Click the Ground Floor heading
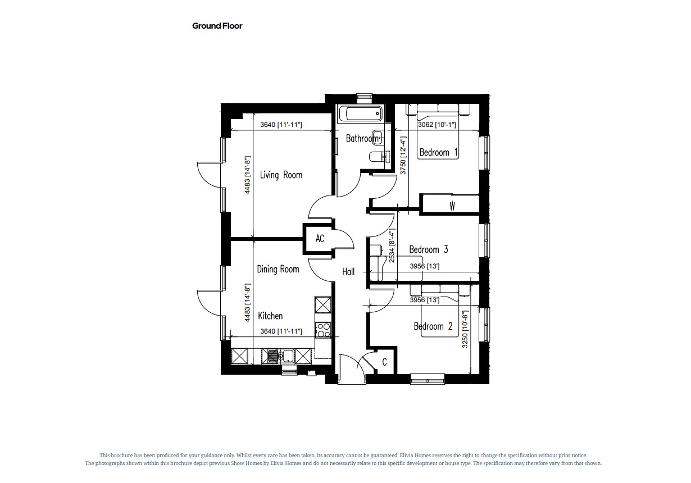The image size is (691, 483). tap(217, 26)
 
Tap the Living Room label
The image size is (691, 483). tap(281, 175)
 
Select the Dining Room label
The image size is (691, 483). tap(278, 269)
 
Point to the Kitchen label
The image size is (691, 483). tap(270, 316)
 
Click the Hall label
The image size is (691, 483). tap(348, 272)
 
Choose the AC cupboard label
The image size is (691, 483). tap(320, 239)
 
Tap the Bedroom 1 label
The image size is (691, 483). tap(438, 152)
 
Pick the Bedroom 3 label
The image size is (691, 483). tap(429, 249)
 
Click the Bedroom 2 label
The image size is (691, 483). tap(433, 326)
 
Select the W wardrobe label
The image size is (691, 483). tap(452, 206)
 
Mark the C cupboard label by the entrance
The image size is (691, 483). tap(384, 362)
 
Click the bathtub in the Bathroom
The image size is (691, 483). tap(361, 113)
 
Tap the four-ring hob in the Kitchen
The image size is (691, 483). tap(323, 330)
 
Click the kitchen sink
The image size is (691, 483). tap(278, 357)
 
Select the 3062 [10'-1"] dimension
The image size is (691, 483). tap(437, 125)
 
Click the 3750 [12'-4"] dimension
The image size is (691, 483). tap(403, 156)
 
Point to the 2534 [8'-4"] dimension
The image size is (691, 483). tap(392, 245)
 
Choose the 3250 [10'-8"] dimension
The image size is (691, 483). tap(465, 329)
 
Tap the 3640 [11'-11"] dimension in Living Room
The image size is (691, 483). tap(281, 125)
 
